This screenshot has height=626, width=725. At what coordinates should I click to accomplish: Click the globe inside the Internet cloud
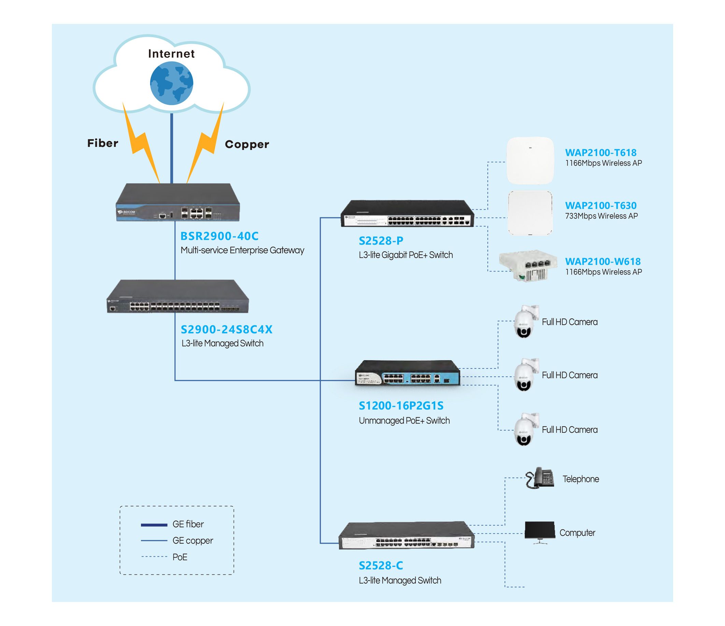click(x=171, y=83)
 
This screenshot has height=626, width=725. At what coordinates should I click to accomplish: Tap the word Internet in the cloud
click(x=171, y=54)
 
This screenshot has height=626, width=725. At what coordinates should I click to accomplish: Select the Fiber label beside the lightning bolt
click(x=103, y=143)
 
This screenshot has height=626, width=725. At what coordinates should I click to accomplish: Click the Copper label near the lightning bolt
click(x=247, y=144)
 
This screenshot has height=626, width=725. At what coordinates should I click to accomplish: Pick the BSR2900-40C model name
click(x=219, y=236)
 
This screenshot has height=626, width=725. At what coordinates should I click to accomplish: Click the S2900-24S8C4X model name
click(x=226, y=329)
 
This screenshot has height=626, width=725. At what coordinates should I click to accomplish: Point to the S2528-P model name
click(x=381, y=240)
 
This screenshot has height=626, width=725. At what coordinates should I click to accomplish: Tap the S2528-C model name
click(x=381, y=566)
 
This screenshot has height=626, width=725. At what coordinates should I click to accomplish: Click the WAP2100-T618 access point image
click(x=530, y=161)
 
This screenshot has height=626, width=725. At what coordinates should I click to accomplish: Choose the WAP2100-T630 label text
click(x=601, y=206)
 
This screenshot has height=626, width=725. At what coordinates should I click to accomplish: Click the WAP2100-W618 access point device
click(x=528, y=265)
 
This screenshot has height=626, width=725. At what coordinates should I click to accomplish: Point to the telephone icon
click(x=540, y=478)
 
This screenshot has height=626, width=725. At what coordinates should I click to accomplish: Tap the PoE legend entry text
click(x=180, y=557)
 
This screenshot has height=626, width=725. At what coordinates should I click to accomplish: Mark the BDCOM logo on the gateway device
click(x=127, y=212)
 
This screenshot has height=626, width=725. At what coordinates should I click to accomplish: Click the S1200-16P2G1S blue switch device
click(x=407, y=373)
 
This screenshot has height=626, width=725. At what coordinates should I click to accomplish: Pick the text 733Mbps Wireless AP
click(x=601, y=216)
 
